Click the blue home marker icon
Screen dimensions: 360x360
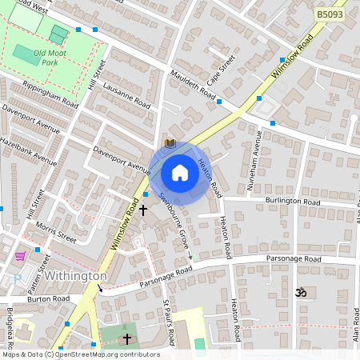[x=180, y=173]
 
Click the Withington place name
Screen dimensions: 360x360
[x=76, y=275]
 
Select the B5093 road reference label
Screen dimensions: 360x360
[x=330, y=14]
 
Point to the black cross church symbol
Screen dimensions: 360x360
[x=143, y=210]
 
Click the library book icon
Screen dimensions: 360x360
[x=170, y=143]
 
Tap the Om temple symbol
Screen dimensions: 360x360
[x=301, y=294]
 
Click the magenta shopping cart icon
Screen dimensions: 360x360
[x=20, y=256]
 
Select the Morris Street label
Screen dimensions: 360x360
[x=56, y=233]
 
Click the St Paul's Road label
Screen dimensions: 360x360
[x=169, y=318]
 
